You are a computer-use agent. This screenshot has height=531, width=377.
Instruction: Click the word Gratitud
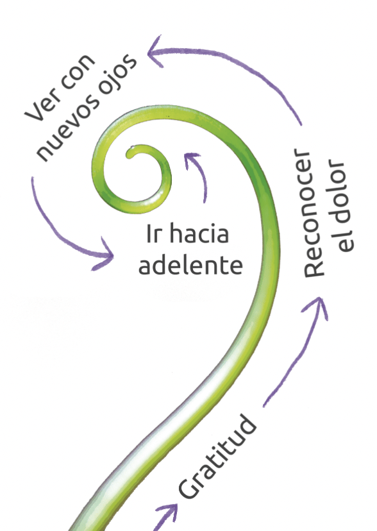tap(217, 456)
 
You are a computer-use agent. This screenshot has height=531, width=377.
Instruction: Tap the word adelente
tap(190, 264)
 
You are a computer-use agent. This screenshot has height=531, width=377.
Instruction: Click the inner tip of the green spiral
tap(129, 155)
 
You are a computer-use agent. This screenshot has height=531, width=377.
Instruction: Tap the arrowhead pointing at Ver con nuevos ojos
tap(156, 51)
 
